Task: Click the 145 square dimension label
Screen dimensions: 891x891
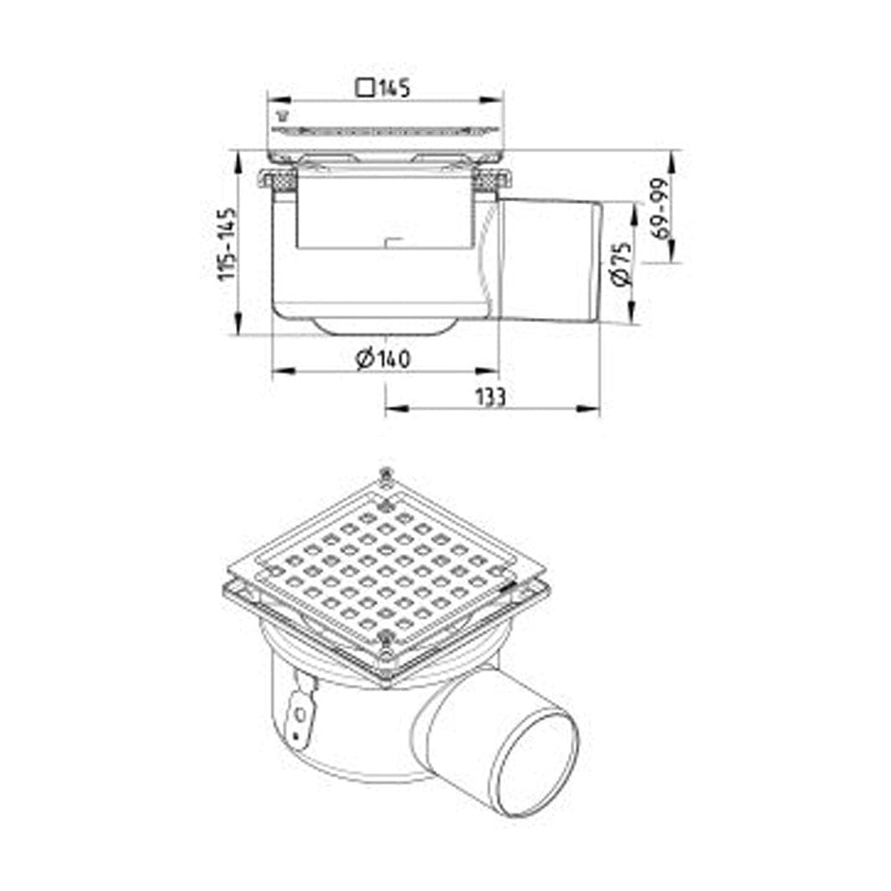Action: [x=382, y=88]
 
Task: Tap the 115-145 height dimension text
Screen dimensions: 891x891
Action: [x=227, y=244]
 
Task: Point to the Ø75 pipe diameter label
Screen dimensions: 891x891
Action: [x=622, y=263]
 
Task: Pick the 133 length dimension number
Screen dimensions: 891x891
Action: [x=490, y=396]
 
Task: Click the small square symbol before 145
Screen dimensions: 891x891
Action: [x=365, y=88]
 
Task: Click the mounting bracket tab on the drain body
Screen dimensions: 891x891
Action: [x=300, y=707]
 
